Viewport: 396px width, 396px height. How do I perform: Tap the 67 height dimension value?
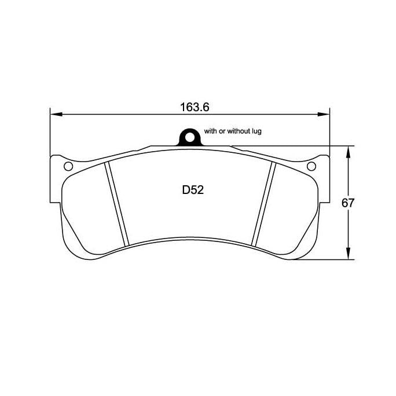(x=347, y=203)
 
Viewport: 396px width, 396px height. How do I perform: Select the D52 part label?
(x=192, y=190)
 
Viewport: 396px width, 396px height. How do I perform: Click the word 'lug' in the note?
(x=257, y=131)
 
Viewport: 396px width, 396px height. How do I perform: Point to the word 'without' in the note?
(x=238, y=131)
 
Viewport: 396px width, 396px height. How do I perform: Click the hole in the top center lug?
(x=188, y=137)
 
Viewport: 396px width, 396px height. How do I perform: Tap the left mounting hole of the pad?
(x=68, y=167)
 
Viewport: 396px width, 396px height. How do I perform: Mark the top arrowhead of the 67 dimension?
(x=347, y=150)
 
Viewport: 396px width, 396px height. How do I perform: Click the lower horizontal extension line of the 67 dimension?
(x=324, y=260)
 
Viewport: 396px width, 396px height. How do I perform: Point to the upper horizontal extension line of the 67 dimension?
(x=289, y=145)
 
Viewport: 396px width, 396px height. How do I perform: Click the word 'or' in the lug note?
(x=222, y=131)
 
